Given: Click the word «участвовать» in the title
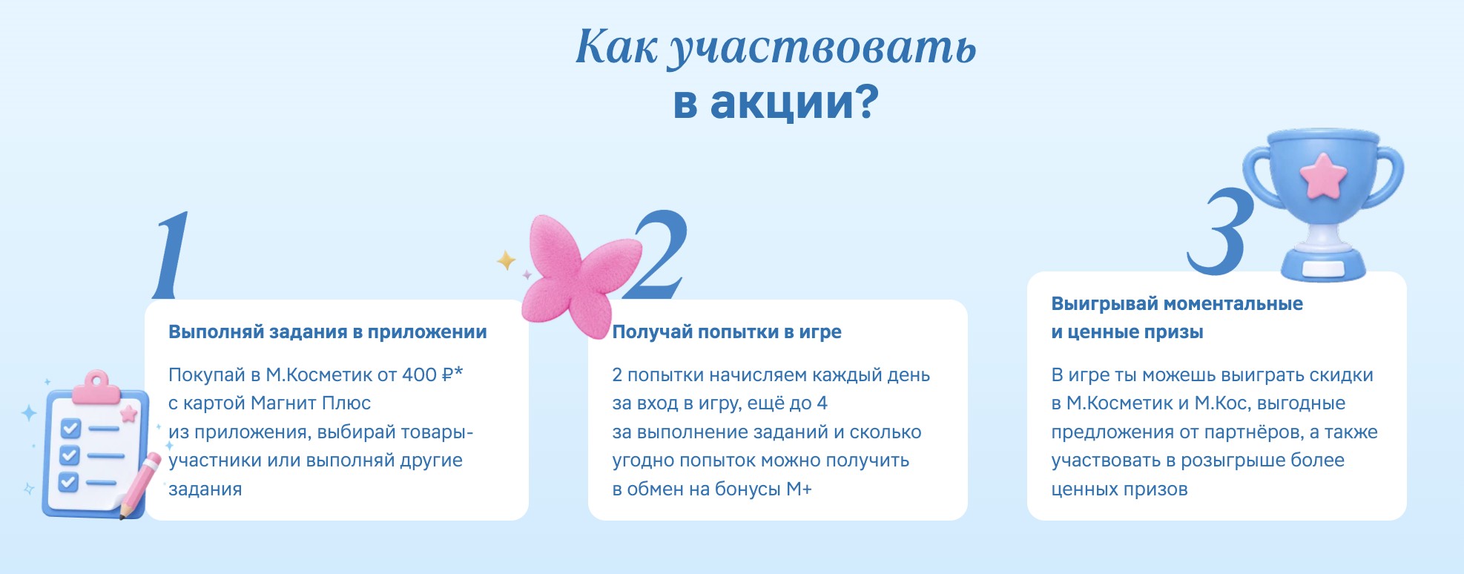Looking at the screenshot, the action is pyautogui.click(x=822, y=48).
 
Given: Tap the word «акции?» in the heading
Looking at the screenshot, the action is pyautogui.click(x=794, y=102).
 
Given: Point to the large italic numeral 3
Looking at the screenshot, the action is pyautogui.click(x=1221, y=231).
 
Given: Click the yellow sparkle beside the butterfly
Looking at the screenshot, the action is pyautogui.click(x=507, y=260).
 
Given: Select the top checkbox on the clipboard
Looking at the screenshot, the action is pyautogui.click(x=70, y=428).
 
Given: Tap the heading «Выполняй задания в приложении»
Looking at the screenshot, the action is pyautogui.click(x=328, y=332).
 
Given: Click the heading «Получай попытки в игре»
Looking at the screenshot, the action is pyautogui.click(x=727, y=332).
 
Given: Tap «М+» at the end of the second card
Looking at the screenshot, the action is pyautogui.click(x=799, y=489).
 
